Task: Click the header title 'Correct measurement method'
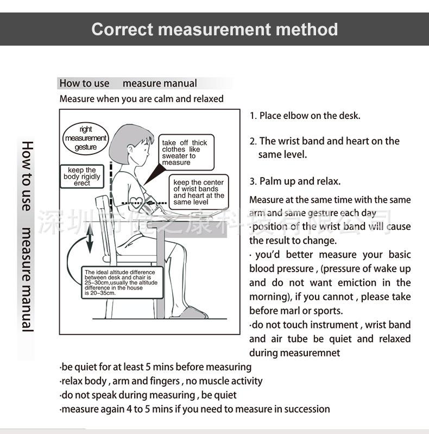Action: pyautogui.click(x=214, y=29)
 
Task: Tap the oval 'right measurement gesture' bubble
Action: pyautogui.click(x=85, y=139)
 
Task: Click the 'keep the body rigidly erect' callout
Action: pyautogui.click(x=82, y=177)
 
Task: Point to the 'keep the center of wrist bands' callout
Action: pyautogui.click(x=198, y=192)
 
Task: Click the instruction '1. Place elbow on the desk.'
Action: pyautogui.click(x=305, y=116)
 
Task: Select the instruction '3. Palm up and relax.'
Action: pyautogui.click(x=295, y=181)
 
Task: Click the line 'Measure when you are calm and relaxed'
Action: pyautogui.click(x=141, y=99)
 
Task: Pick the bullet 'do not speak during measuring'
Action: pyautogui.click(x=148, y=395)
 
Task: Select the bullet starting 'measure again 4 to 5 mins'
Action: pyautogui.click(x=194, y=409)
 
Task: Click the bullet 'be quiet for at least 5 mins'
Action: pyautogui.click(x=155, y=367)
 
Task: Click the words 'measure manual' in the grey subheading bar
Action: pyautogui.click(x=160, y=83)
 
